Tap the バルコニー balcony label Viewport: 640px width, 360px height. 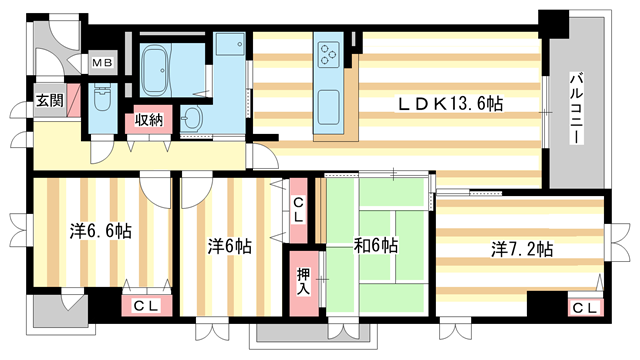coord(577,108)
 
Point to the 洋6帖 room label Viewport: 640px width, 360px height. coord(229,245)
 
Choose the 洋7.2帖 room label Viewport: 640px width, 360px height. coord(521,248)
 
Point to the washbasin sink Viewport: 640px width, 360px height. coord(196,119)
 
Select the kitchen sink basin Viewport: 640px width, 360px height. coord(329,103)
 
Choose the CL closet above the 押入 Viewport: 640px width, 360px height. coord(299,209)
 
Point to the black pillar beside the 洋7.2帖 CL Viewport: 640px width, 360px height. coord(545,304)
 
